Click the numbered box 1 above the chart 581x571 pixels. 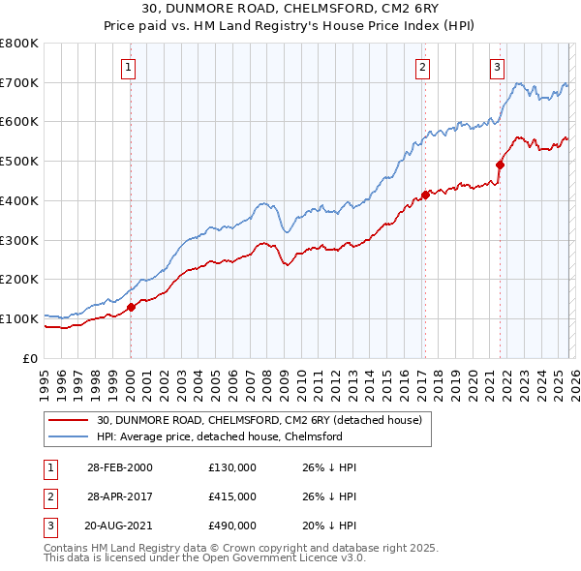pyautogui.click(x=129, y=67)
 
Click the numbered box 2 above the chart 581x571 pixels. pyautogui.click(x=423, y=67)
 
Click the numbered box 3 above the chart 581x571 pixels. pyautogui.click(x=497, y=67)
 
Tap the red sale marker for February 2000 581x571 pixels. pyautogui.click(x=131, y=307)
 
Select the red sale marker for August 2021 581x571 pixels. pyautogui.click(x=500, y=165)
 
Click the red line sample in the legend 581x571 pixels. pyautogui.click(x=68, y=421)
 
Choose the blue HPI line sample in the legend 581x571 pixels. pyautogui.click(x=68, y=437)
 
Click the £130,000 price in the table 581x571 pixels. pyautogui.click(x=232, y=467)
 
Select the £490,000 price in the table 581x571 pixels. pyautogui.click(x=232, y=526)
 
